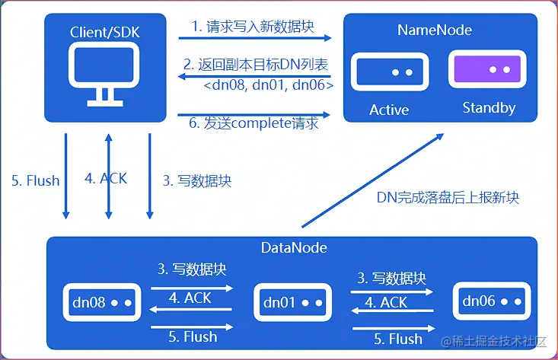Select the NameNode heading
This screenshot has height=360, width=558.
point(435,30)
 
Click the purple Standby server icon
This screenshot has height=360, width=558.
point(487,70)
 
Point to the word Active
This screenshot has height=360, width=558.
point(389,110)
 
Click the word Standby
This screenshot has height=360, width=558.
point(489,108)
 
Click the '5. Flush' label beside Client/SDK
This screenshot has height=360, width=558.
point(35,180)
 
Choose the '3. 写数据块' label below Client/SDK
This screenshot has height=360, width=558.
point(196,180)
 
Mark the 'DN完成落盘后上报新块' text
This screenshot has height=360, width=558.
point(448,198)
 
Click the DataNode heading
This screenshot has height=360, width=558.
point(294,247)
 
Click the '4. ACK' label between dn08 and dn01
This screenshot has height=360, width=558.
point(193,298)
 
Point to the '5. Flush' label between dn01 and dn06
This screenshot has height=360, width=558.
point(391,338)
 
